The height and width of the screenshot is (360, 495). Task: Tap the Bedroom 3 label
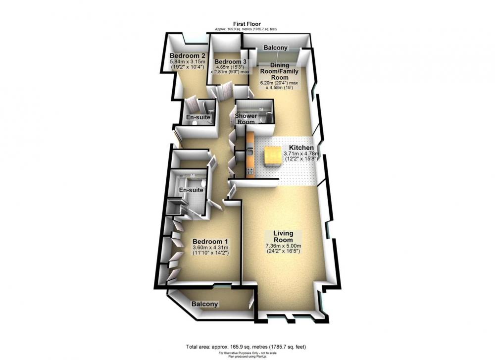tap(230, 61)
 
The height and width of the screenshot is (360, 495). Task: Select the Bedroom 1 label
tap(211, 240)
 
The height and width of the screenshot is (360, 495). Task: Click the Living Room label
tap(283, 236)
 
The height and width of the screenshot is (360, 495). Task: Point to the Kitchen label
tap(301, 148)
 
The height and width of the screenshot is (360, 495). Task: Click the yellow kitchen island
tap(273, 156)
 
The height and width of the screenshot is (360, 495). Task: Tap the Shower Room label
tap(246, 119)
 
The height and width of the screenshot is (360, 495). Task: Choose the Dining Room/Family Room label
tap(280, 71)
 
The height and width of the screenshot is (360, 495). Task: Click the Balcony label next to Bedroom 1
tap(204, 304)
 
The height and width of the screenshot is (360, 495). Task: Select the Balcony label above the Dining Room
tap(276, 48)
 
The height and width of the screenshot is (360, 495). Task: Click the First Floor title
tap(247, 24)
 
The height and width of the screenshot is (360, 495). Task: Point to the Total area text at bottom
tap(246, 347)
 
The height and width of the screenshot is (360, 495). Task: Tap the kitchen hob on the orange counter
tap(250, 172)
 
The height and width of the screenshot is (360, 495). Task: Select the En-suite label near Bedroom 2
tap(198, 117)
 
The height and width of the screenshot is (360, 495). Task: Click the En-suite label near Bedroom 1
tap(191, 190)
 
